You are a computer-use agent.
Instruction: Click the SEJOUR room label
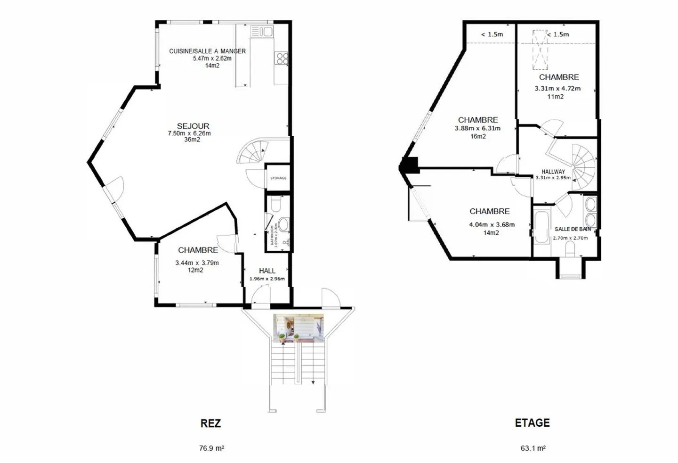[193, 126]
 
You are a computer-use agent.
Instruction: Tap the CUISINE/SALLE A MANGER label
[207, 51]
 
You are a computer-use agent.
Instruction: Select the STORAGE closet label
[278, 178]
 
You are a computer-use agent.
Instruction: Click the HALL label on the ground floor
[267, 271]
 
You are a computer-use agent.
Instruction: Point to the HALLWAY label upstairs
[553, 172]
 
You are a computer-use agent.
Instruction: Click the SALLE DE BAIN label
[573, 229]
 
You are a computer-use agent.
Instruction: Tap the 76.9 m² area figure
[211, 448]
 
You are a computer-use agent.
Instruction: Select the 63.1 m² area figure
[533, 448]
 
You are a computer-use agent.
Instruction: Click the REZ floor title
[210, 423]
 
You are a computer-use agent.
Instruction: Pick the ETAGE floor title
[532, 422]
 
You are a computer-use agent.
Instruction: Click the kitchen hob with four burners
[282, 58]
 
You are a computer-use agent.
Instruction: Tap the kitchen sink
[262, 32]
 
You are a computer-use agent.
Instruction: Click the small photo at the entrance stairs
[299, 328]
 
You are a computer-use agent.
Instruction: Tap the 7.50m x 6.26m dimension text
[189, 133]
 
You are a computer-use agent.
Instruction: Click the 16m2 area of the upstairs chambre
[478, 136]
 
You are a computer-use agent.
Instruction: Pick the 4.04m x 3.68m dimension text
[492, 224]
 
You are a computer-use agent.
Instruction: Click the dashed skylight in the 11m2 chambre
[540, 49]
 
